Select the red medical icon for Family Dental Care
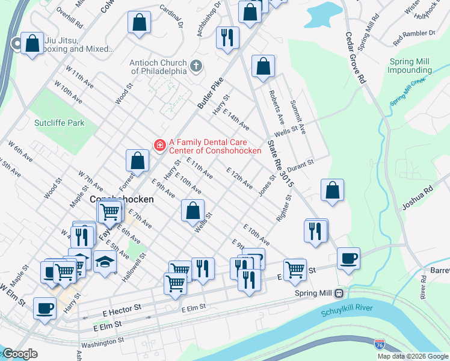pos(159,144)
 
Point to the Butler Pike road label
pos(210,93)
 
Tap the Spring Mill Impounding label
pos(410,66)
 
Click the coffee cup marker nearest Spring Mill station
pos(348,258)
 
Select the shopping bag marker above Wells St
pos(193,211)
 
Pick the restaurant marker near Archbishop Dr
pos(227,37)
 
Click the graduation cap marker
pos(105,261)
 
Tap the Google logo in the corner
pos(20,354)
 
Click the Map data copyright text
pos(412,356)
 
